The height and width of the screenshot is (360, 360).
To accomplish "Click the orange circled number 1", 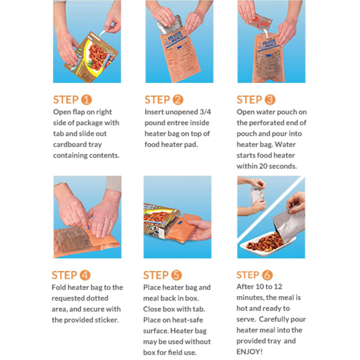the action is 86,100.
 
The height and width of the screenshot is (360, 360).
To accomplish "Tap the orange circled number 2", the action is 178,100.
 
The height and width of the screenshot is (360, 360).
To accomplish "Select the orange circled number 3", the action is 270,100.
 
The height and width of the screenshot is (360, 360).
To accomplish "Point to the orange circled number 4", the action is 85,275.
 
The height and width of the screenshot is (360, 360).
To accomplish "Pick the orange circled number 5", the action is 176,275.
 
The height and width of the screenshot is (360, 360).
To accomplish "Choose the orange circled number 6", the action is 267,275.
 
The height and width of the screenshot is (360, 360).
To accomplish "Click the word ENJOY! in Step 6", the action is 249,352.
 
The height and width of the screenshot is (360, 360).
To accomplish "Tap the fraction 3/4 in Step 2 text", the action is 205,112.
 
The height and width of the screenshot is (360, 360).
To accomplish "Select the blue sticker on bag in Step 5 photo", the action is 180,223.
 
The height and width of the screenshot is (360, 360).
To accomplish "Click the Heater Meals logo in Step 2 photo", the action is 175,38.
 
